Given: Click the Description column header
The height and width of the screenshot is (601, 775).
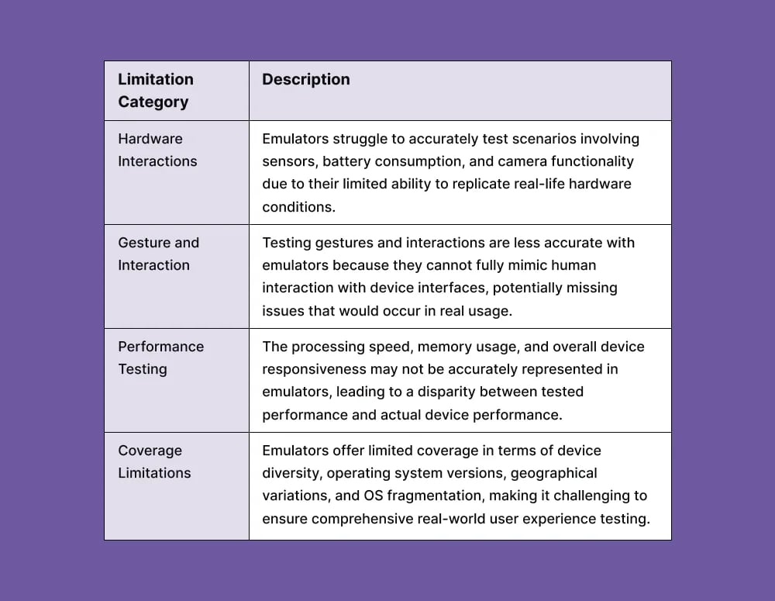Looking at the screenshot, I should (306, 80).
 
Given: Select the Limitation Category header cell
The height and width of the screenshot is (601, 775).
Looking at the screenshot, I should (156, 91).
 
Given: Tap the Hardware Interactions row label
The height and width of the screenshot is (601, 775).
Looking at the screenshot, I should (157, 150).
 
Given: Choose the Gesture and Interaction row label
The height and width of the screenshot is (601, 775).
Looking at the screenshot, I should (158, 254).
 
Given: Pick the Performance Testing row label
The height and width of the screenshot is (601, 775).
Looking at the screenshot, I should (160, 357).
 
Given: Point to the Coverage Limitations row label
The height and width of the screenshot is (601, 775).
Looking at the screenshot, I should (154, 461).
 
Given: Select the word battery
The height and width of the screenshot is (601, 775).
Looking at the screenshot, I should (345, 161).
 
